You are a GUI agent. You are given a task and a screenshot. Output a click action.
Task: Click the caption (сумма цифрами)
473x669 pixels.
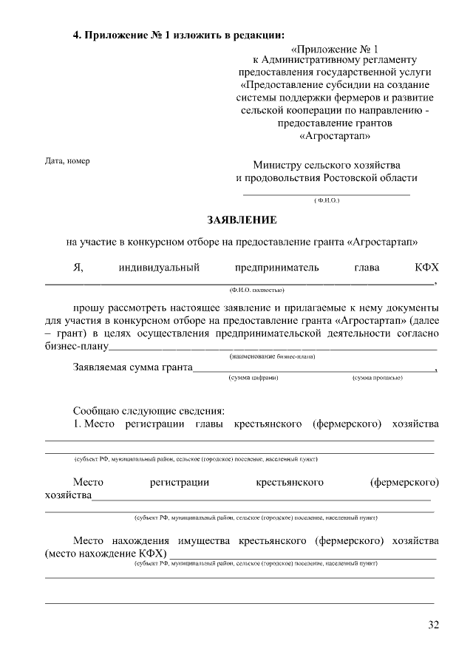(x=253, y=378)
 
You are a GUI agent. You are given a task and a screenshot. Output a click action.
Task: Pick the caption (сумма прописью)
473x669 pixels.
(x=378, y=378)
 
